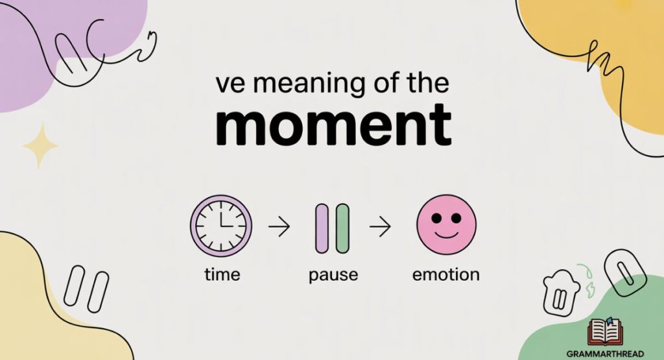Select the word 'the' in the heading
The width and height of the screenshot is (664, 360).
[427, 84]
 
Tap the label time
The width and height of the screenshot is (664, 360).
[222, 274]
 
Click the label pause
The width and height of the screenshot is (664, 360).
[333, 275]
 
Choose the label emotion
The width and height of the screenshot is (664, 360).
[446, 274]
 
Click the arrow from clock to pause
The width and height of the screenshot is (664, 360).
[278, 227]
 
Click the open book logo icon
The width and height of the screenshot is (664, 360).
[604, 331]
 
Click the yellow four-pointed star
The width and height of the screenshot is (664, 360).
[40, 146]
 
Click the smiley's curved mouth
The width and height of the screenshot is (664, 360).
[445, 234]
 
